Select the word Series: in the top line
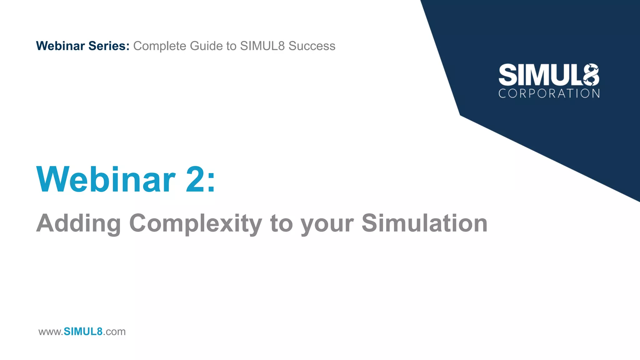coord(109,46)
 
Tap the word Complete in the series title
coord(160,46)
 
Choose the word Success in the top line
coord(312,46)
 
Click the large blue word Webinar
coord(106,180)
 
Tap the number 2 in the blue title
coord(195,180)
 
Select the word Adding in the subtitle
coord(78,223)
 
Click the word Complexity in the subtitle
coord(196,223)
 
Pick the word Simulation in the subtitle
coord(424,223)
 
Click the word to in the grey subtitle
coord(281,223)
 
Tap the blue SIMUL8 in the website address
coord(83,332)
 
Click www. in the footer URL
coord(51,332)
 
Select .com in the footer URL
coord(114,332)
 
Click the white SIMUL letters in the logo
coord(540,75)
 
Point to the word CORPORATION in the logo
coord(549,93)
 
